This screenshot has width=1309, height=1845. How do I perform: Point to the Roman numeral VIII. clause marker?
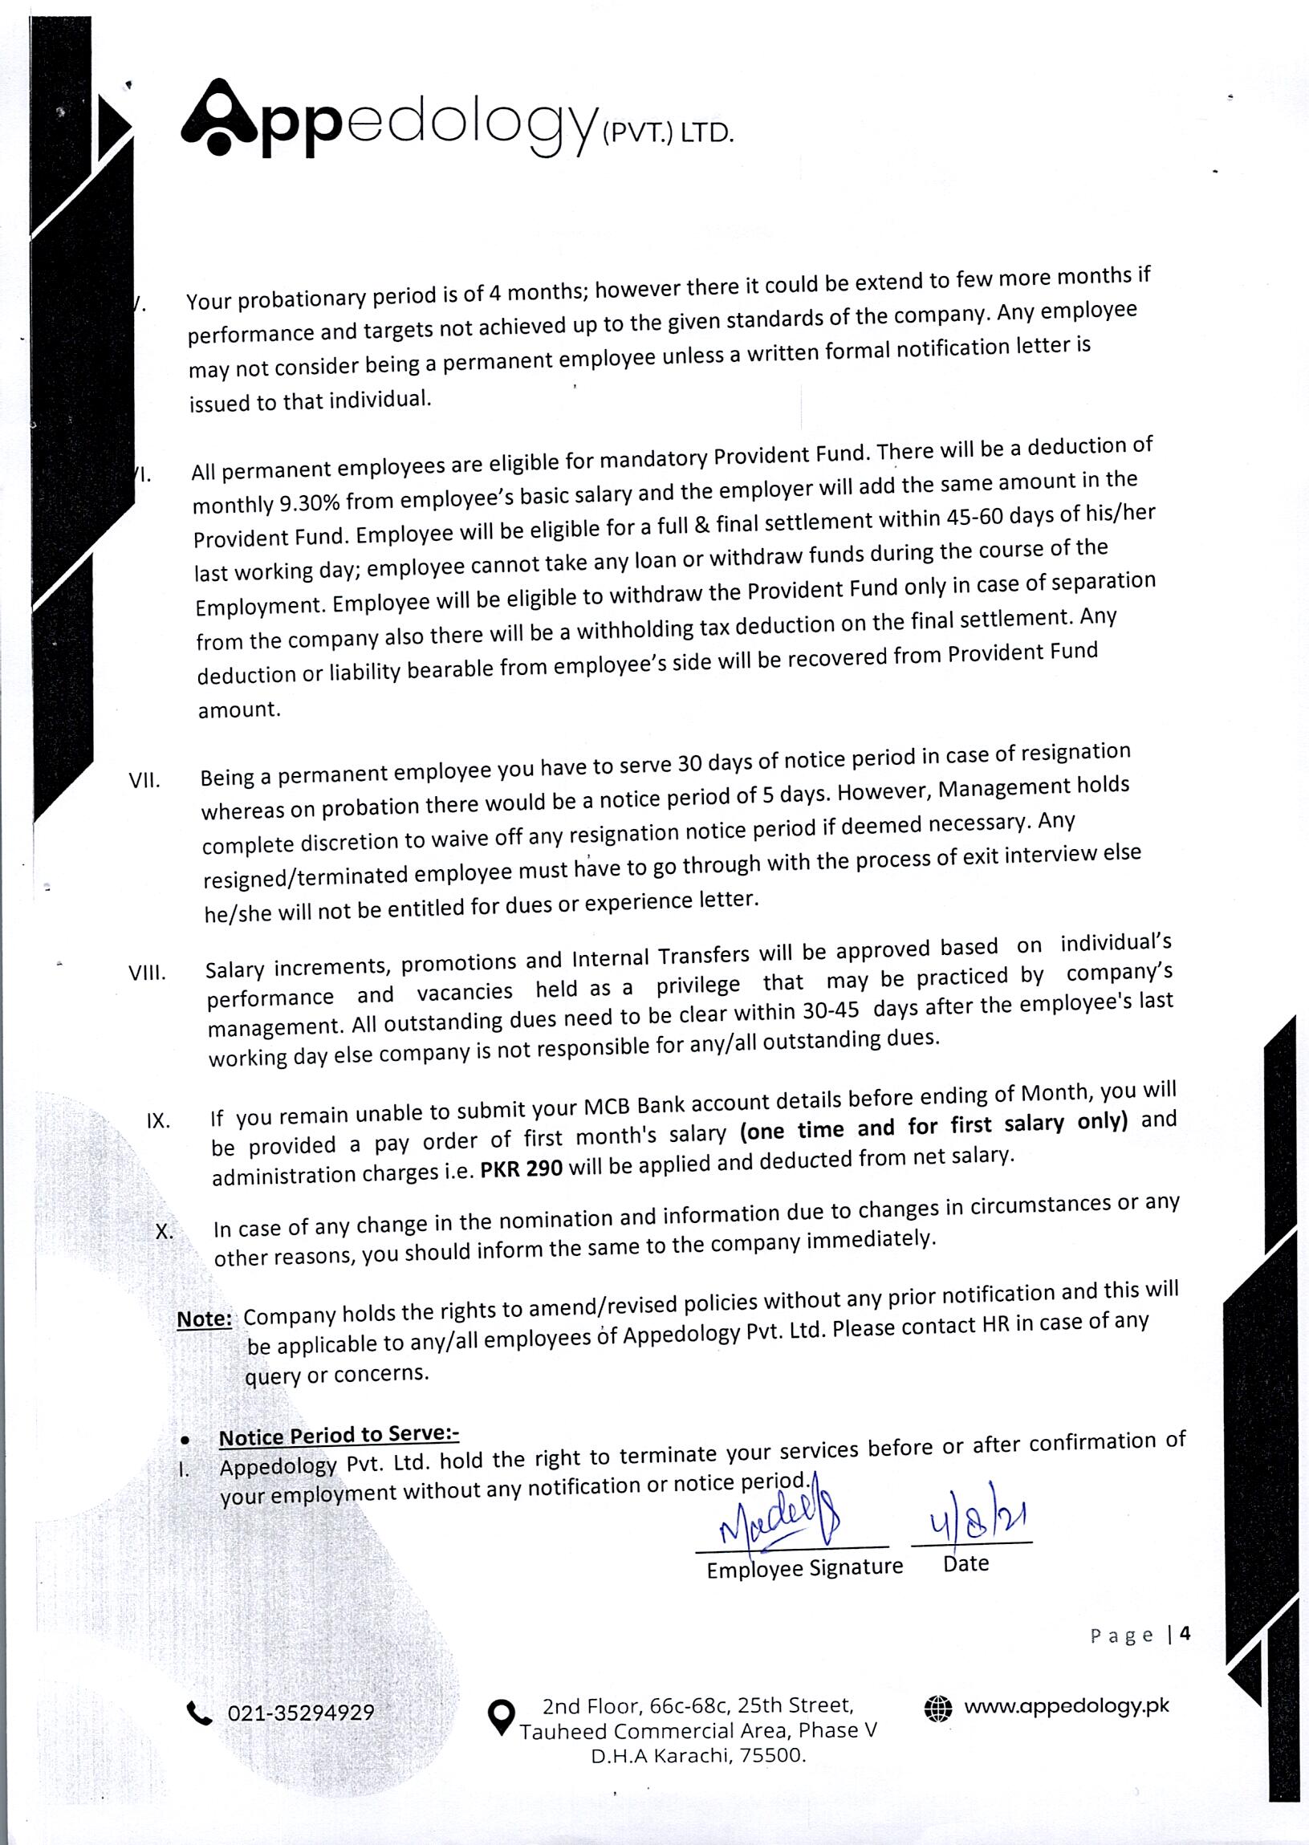(148, 973)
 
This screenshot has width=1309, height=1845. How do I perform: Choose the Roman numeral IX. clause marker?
(158, 1121)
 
